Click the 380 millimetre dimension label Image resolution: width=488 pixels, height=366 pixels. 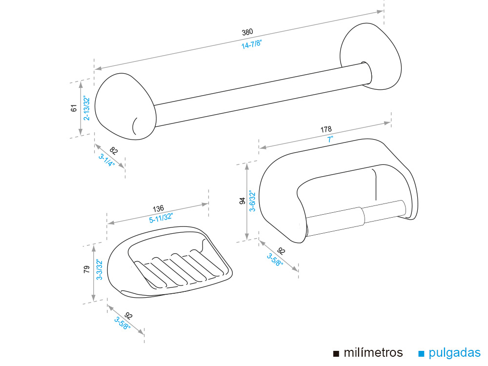coord(247,33)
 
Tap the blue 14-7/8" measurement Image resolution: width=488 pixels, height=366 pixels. coord(252,44)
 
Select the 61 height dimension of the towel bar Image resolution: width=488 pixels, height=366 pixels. coord(74,108)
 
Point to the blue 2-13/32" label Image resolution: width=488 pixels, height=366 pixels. coord(86,108)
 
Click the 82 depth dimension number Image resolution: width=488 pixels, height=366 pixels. coord(114,151)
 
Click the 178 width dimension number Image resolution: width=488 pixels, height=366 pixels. coord(326,129)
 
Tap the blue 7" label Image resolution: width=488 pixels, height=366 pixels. coord(330,139)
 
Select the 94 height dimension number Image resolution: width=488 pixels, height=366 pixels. coord(242,201)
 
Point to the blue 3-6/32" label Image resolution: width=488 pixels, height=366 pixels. coord(252,201)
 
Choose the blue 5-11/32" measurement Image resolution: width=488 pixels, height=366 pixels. coord(161,218)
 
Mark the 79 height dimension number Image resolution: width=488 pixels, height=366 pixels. coord(86,269)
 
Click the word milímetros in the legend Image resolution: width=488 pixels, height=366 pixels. coord(373,353)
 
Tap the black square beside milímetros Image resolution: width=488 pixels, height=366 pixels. coord(336,353)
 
